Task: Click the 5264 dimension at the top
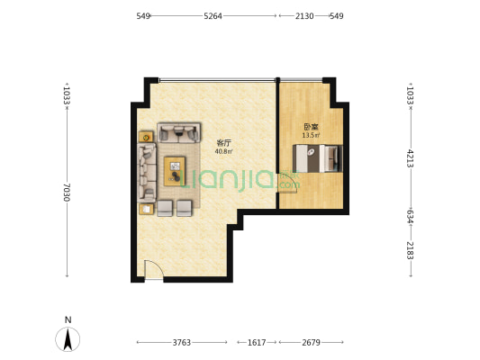[213, 16]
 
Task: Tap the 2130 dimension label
[304, 16]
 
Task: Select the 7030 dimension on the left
[67, 193]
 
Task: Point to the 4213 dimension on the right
[410, 158]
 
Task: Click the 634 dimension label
[410, 216]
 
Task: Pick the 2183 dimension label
[410, 250]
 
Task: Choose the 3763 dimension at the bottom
[182, 343]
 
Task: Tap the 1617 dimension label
[257, 343]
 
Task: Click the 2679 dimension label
[311, 343]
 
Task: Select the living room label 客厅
[223, 143]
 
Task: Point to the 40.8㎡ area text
[223, 151]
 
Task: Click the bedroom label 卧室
[311, 127]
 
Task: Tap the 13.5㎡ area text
[311, 135]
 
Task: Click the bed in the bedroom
[318, 158]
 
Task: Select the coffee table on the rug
[175, 171]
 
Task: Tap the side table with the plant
[146, 137]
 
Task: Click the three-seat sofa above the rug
[179, 132]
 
